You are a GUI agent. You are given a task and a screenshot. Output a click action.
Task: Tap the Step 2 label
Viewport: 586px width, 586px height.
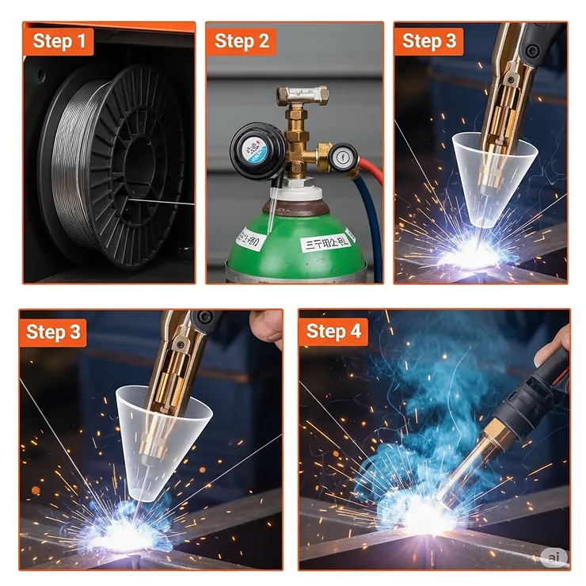pos(242,41)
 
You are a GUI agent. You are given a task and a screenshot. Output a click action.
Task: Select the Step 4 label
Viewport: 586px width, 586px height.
pos(333,331)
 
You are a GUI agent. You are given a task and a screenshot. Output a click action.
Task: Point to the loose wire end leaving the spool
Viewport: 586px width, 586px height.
pos(170,203)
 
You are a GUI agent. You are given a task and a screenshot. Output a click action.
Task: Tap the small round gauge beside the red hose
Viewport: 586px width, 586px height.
pos(344,158)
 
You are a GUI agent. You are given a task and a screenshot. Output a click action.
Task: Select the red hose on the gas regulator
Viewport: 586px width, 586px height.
pos(372,170)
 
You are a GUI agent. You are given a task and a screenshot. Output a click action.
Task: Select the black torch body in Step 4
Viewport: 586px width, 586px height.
pos(527,396)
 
